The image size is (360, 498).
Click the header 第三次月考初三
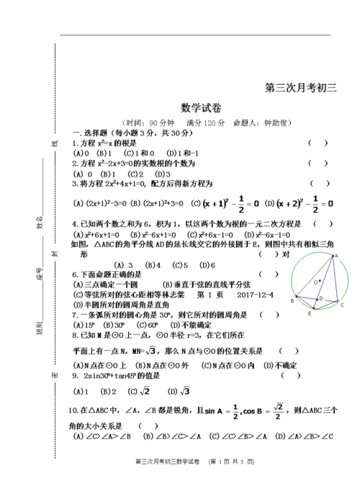[x=301, y=88]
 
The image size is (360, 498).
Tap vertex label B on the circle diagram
[x=292, y=301]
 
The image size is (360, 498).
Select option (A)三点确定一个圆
[x=102, y=285]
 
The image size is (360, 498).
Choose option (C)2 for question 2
[x=135, y=174]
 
